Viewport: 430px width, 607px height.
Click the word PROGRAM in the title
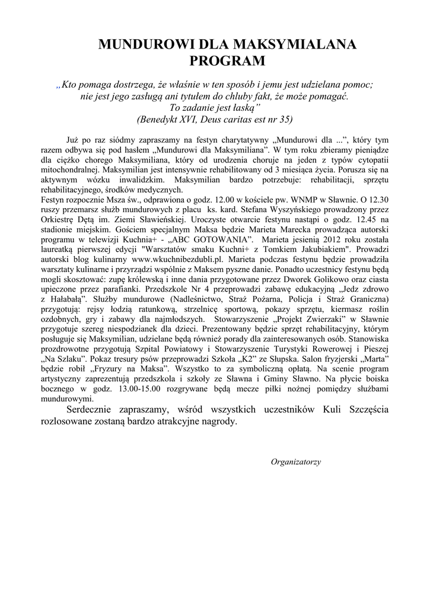(x=227, y=60)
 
